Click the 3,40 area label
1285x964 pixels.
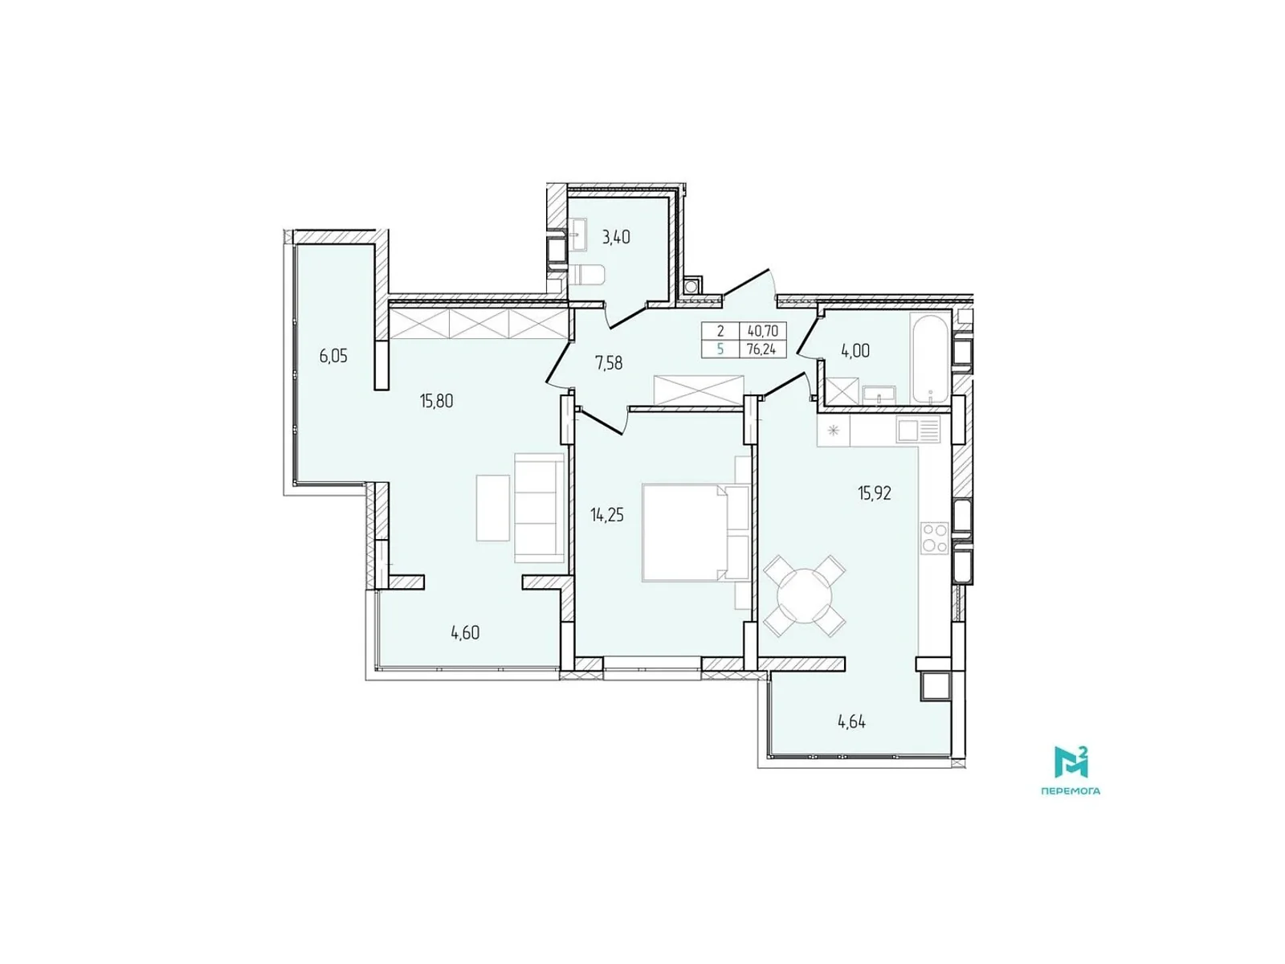[616, 237]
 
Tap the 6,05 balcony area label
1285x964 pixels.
[333, 356]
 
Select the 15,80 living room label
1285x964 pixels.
[436, 400]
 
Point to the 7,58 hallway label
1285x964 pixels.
[608, 363]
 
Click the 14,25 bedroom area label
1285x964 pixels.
[607, 515]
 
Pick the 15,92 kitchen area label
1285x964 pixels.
[874, 493]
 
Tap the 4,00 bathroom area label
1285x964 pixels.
[855, 351]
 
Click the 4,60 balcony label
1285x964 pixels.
[465, 632]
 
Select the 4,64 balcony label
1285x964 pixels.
[851, 721]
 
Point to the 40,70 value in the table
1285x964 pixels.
[762, 331]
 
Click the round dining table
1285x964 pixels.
[805, 595]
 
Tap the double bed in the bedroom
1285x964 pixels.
[695, 531]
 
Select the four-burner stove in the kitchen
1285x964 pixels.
[934, 537]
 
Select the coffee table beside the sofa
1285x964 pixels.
[492, 507]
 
